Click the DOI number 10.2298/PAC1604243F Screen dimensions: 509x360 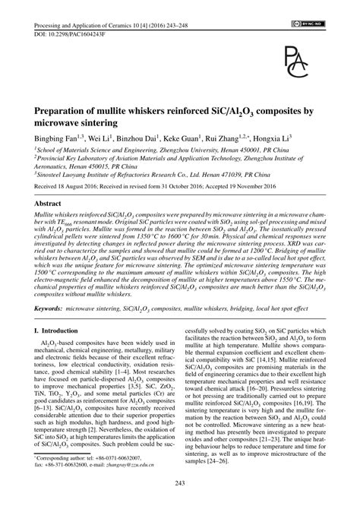[x=65, y=14]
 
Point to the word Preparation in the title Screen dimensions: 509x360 [x=68, y=109]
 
